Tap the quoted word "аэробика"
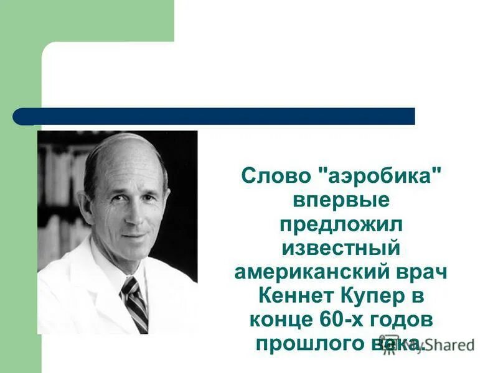click(376, 176)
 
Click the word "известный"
click(341, 249)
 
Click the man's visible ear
click(85, 207)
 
